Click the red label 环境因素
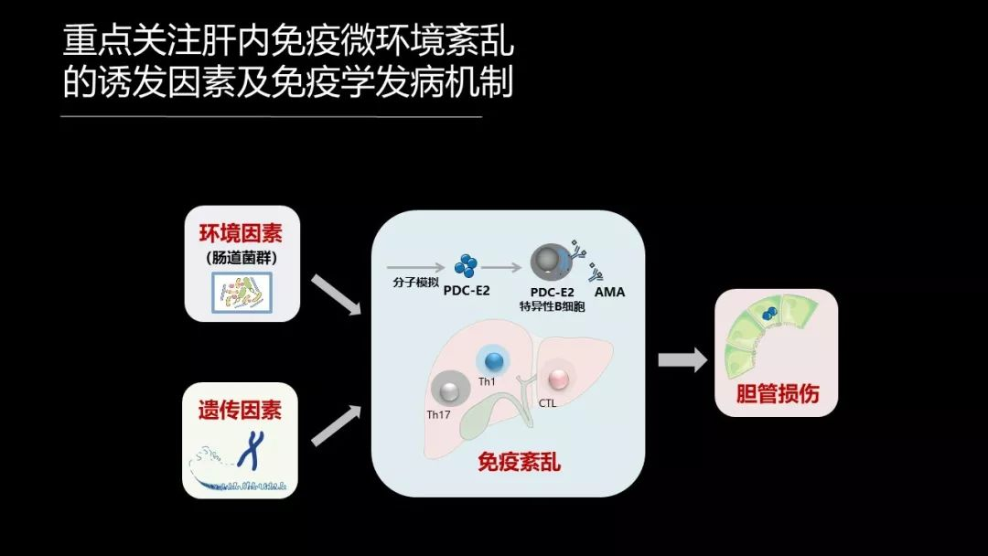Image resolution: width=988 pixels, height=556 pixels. click(242, 233)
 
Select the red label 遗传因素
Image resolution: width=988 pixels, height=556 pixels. click(241, 410)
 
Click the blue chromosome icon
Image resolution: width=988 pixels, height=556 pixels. click(249, 450)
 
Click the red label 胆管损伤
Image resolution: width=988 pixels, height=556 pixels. click(777, 393)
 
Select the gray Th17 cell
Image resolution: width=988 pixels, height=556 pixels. click(448, 392)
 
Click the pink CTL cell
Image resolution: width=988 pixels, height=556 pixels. click(557, 380)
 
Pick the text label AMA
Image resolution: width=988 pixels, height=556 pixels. click(609, 293)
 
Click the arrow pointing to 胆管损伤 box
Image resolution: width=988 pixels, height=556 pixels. click(682, 359)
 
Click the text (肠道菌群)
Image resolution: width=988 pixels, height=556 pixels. click(242, 258)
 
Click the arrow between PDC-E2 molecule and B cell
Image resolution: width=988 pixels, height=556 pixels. click(502, 268)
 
